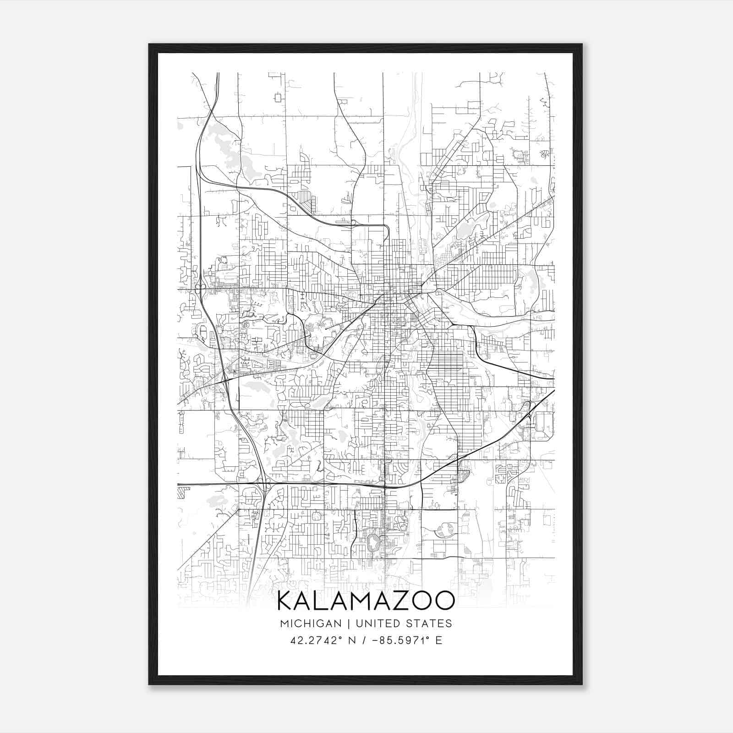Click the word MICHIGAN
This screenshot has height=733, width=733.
pos(311,624)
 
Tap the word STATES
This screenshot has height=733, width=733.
pos(429,624)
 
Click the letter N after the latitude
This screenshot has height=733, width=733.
pos(352,640)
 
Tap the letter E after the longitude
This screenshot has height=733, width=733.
pos(439,640)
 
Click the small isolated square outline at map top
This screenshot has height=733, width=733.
pos(278,97)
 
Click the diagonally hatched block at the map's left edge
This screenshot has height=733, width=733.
pos(183,493)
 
